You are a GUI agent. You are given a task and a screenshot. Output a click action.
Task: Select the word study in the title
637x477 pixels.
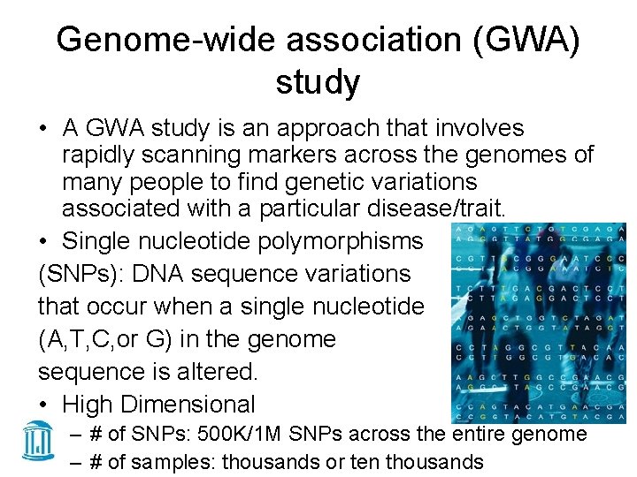tap(318, 83)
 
